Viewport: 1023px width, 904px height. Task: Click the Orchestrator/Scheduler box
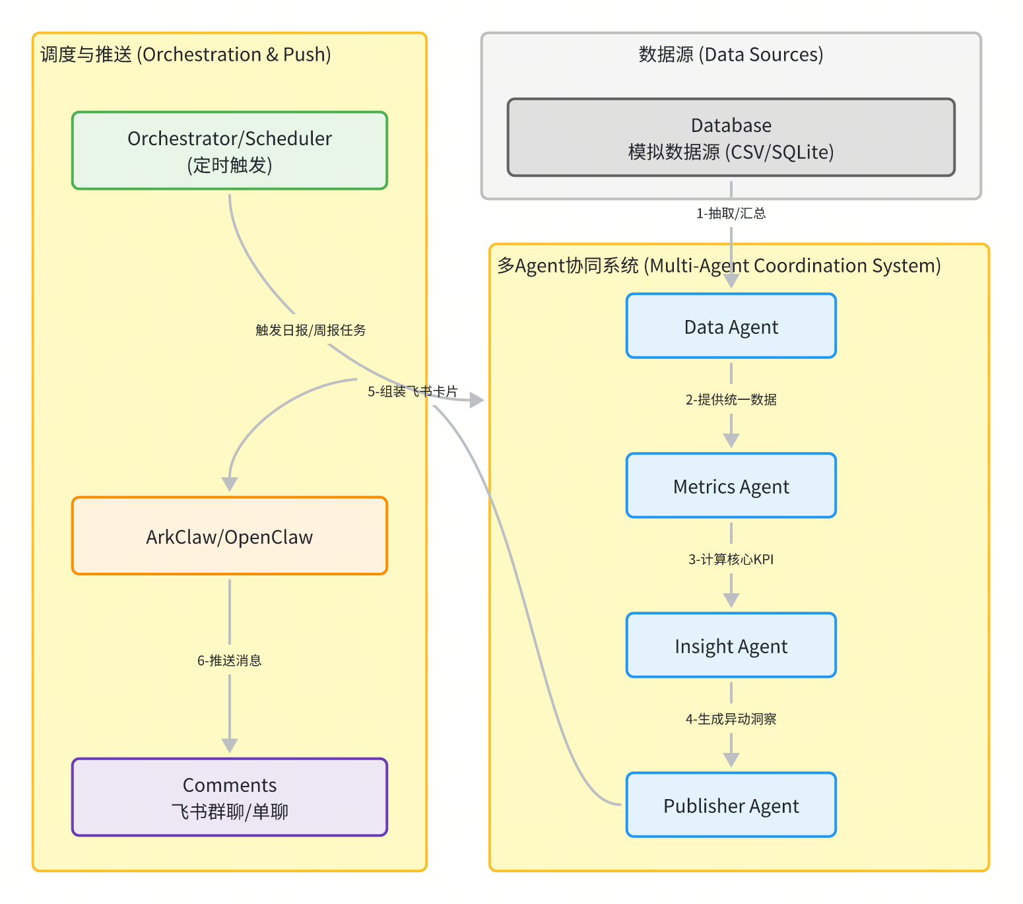230,150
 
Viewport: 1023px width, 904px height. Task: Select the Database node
731,137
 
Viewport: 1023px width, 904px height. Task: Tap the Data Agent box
731,326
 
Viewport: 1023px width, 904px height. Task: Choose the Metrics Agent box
731,486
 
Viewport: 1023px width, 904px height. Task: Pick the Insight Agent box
731,645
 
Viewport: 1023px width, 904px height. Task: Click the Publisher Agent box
731,805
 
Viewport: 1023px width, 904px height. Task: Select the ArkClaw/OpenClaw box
230,536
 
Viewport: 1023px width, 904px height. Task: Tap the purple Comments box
230,797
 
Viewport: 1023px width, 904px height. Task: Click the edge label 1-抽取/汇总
731,213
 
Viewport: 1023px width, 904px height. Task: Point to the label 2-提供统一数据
731,399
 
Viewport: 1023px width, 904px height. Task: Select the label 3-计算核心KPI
731,559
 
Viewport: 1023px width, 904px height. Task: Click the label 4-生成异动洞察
731,719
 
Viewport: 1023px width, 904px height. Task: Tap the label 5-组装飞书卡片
412,391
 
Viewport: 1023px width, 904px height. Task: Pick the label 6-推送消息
230,661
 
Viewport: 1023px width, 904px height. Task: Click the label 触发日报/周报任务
311,330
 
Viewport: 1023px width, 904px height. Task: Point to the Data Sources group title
731,54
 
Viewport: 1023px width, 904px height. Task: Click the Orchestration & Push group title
185,54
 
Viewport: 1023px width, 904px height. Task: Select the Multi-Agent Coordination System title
719,265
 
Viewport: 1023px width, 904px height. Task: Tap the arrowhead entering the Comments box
230,746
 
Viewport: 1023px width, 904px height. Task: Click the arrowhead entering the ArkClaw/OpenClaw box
230,484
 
